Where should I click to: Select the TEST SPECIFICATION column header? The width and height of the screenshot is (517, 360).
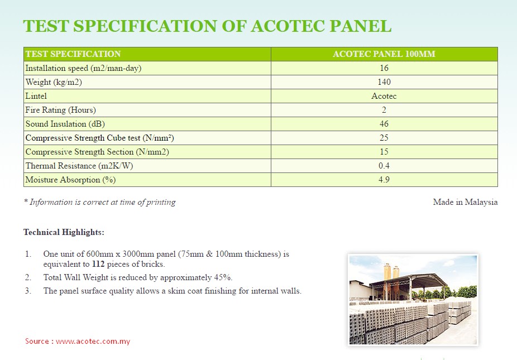pyautogui.click(x=73, y=54)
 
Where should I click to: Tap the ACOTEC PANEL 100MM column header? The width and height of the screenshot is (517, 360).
pyautogui.click(x=384, y=54)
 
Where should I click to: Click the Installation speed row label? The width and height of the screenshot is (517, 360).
pyautogui.click(x=83, y=68)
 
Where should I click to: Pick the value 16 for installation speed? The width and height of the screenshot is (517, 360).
pyautogui.click(x=384, y=68)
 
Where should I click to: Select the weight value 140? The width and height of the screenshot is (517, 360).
pyautogui.click(x=384, y=82)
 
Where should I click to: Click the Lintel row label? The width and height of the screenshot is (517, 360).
pyautogui.click(x=36, y=96)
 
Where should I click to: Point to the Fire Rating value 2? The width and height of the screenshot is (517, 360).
pyautogui.click(x=384, y=110)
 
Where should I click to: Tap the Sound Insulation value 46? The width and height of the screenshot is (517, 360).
pyautogui.click(x=384, y=124)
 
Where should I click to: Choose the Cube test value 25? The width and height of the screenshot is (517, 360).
pyautogui.click(x=384, y=138)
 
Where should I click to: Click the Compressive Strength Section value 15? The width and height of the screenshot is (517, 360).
pyautogui.click(x=384, y=152)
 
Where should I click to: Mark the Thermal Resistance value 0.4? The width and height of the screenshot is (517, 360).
pyautogui.click(x=384, y=166)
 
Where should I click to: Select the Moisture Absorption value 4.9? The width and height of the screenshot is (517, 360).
pyautogui.click(x=384, y=180)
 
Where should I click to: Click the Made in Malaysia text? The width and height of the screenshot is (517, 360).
pyautogui.click(x=465, y=202)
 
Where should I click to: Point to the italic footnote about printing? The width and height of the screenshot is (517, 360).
pyautogui.click(x=100, y=202)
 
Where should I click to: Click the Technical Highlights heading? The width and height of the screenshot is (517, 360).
pyautogui.click(x=64, y=232)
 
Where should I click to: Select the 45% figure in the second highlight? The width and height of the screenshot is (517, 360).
pyautogui.click(x=223, y=277)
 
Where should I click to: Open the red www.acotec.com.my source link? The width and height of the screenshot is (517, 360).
pyautogui.click(x=93, y=341)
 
